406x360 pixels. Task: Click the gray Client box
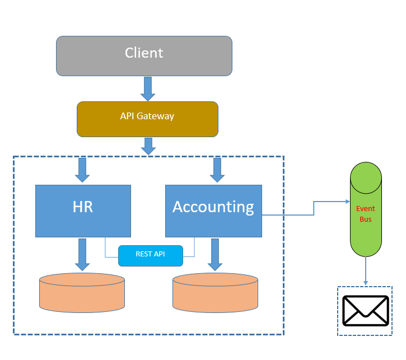pos(144,56)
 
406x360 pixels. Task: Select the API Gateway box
pos(147,119)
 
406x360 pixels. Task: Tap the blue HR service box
pos(83,211)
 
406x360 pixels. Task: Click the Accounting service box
pos(213,211)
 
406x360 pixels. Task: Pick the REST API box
pos(151,256)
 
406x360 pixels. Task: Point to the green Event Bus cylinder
pos(366,209)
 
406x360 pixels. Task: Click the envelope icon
pos(366,311)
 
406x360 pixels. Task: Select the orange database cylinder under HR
pos(82,293)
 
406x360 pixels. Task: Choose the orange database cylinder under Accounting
pos(215,293)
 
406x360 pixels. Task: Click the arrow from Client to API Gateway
pos(148,89)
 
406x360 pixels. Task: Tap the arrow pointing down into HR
pos(82,170)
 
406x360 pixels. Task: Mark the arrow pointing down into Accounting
pos(217,170)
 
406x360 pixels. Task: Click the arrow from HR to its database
pos(82,255)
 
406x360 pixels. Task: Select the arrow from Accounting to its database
pos(215,255)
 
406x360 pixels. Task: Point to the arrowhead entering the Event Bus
pos(348,202)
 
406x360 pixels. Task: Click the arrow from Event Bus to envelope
pos(366,271)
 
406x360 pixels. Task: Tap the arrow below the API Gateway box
pos(148,146)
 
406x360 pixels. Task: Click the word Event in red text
pos(365,209)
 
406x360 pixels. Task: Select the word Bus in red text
pos(366,219)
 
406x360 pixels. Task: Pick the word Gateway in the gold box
pos(155,116)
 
